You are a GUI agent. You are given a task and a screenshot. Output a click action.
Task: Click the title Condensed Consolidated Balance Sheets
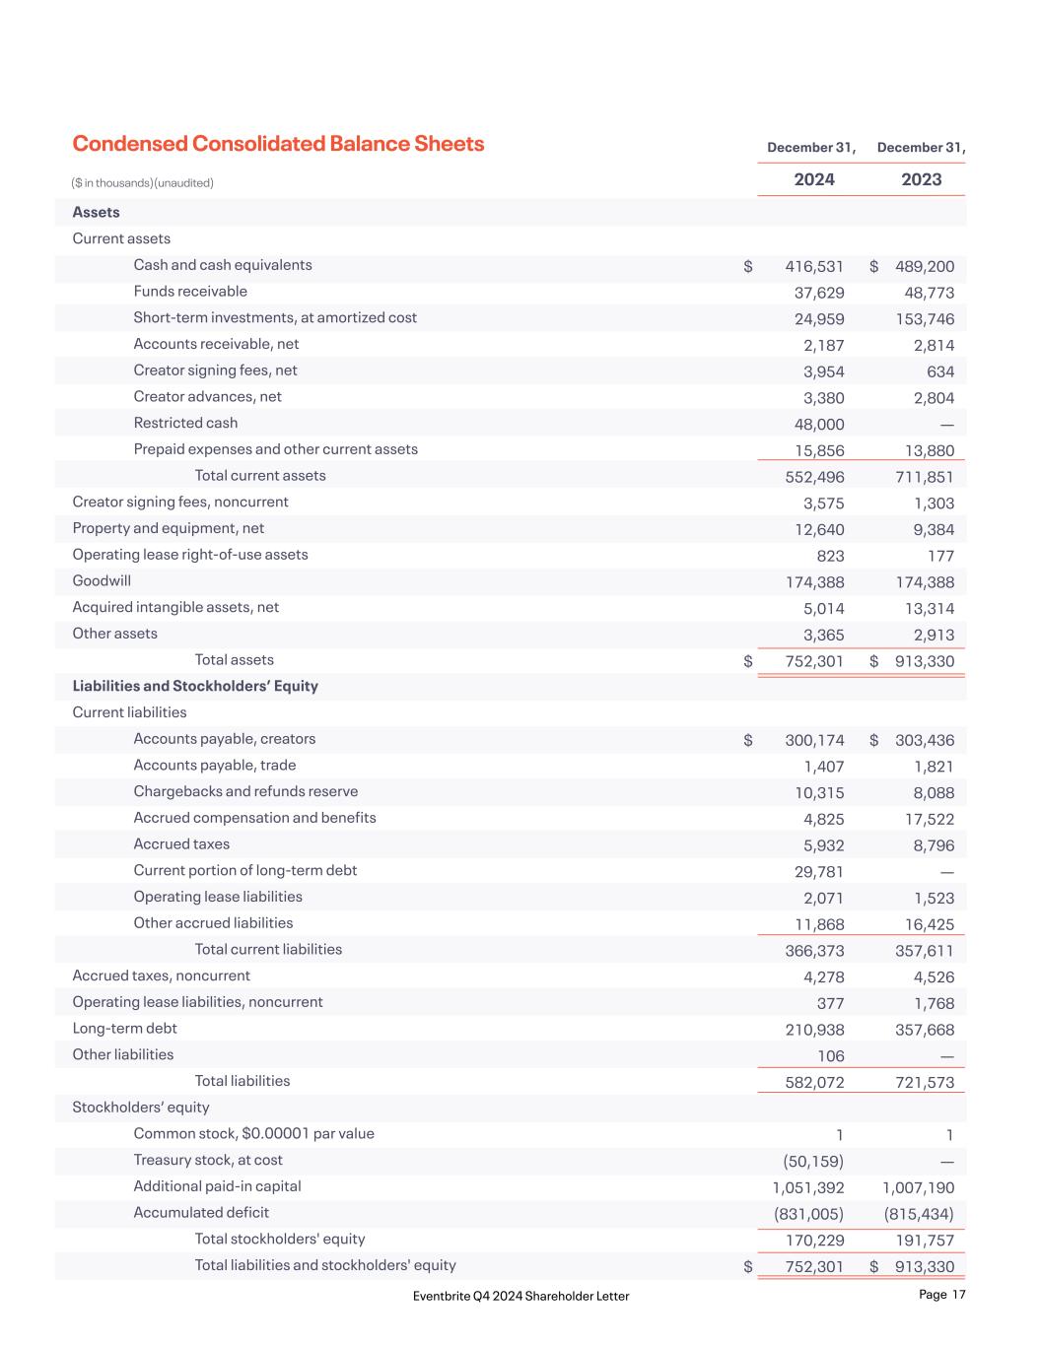click(x=278, y=144)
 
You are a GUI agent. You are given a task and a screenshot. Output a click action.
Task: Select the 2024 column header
click(x=814, y=179)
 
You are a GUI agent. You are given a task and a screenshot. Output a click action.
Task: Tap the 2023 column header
click(x=922, y=179)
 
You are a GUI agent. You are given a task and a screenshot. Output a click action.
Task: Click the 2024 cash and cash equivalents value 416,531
click(x=814, y=266)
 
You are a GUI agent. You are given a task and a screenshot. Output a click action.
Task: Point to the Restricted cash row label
click(x=185, y=423)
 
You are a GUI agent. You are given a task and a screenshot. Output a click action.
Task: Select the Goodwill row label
click(x=102, y=580)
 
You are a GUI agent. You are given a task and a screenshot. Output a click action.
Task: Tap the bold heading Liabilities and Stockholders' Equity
click(x=195, y=686)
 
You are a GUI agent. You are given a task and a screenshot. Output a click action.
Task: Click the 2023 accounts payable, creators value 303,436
click(x=925, y=740)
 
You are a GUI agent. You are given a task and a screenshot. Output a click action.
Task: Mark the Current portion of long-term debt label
click(x=245, y=870)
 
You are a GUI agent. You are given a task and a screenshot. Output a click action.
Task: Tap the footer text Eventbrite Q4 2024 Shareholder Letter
click(x=521, y=1296)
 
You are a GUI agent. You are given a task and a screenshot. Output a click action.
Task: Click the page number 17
click(x=958, y=1295)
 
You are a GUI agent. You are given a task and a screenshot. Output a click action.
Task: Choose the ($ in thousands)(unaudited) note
click(x=142, y=183)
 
